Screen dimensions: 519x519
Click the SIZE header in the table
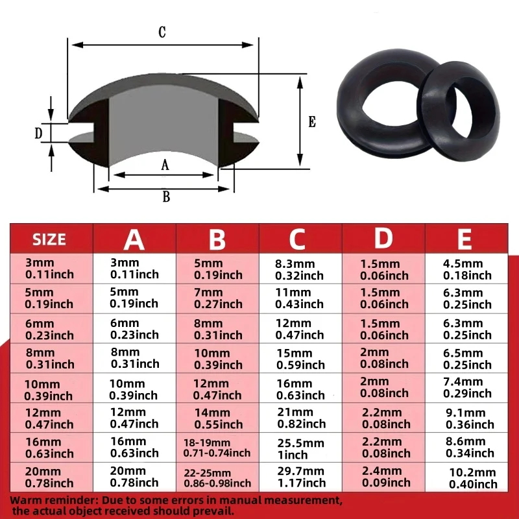coord(49,239)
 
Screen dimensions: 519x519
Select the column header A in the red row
coord(134,239)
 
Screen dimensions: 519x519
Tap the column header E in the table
coord(464,239)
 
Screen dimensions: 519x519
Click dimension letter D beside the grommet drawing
coord(38,133)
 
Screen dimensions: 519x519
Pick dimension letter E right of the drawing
coord(312,122)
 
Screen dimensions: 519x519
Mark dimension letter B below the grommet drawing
coord(165,197)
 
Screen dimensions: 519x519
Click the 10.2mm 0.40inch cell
coord(472,478)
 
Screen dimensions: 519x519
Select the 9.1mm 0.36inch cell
coord(469,418)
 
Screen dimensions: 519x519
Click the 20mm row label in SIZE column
coord(49,477)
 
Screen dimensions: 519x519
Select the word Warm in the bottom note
coord(25,500)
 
